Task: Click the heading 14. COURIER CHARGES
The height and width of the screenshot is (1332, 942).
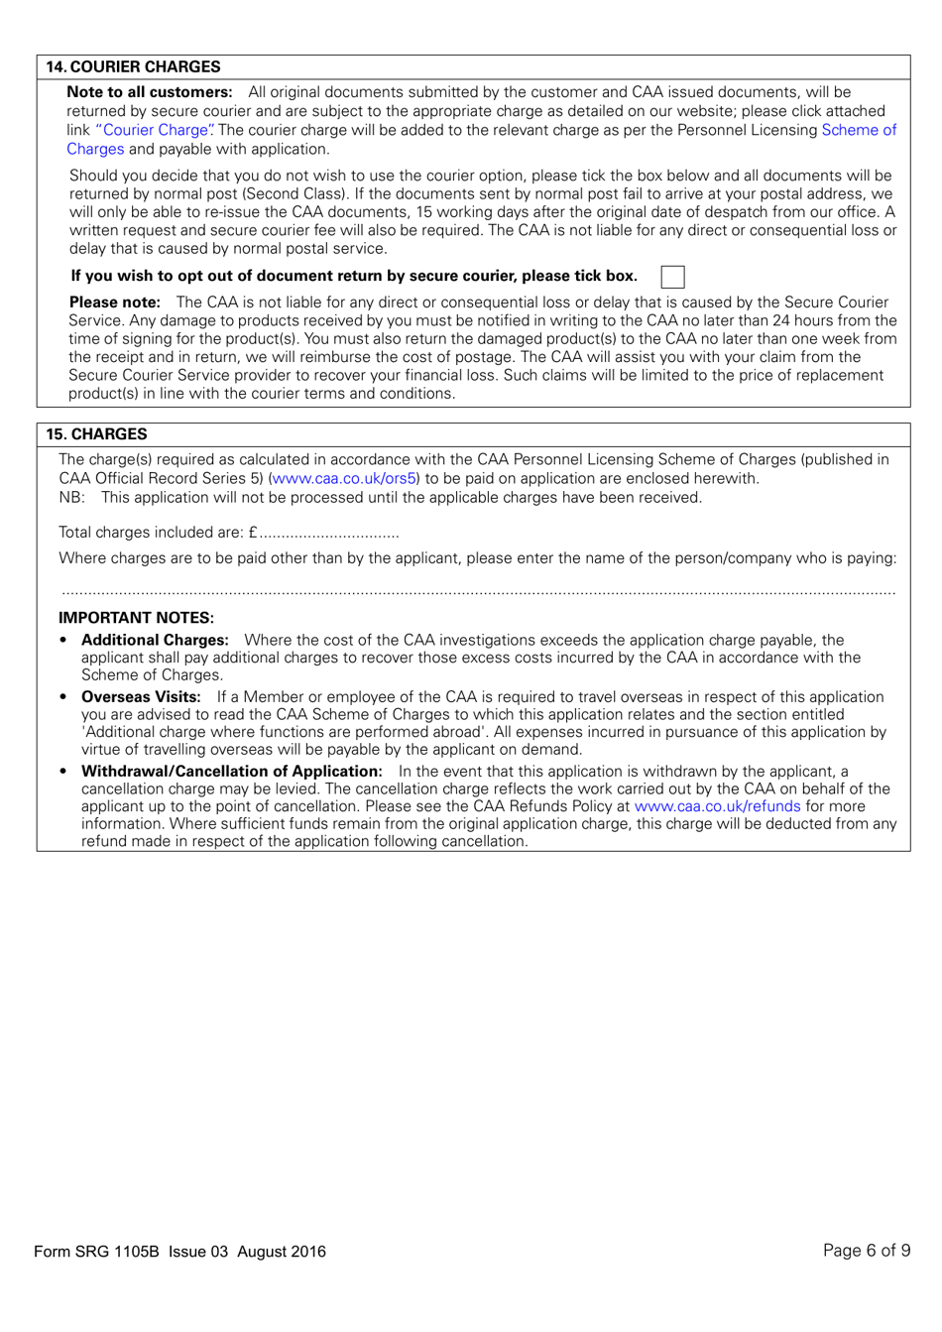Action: point(133,67)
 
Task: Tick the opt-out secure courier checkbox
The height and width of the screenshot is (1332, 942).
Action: point(672,277)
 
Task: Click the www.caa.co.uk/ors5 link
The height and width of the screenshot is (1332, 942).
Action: point(344,479)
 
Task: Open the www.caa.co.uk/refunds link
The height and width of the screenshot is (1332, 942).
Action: point(717,806)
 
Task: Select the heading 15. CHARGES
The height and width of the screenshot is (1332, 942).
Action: point(96,434)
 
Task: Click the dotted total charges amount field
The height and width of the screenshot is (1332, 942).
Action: point(329,534)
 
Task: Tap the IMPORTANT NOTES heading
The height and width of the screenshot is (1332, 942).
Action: point(136,618)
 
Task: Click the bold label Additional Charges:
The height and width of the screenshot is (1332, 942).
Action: point(155,641)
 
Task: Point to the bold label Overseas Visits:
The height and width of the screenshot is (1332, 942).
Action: point(141,697)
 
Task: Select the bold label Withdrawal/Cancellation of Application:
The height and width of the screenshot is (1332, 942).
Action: point(231,772)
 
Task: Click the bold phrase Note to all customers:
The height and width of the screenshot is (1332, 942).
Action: point(150,92)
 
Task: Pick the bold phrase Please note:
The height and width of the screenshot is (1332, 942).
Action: point(115,303)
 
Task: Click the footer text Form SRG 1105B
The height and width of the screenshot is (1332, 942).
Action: point(96,1252)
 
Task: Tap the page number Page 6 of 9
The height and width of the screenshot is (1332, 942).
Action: point(866,1251)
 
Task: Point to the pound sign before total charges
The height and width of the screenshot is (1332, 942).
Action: point(253,533)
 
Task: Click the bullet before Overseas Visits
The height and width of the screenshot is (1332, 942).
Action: point(63,697)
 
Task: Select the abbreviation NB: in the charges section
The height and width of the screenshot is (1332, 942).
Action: point(71,498)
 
